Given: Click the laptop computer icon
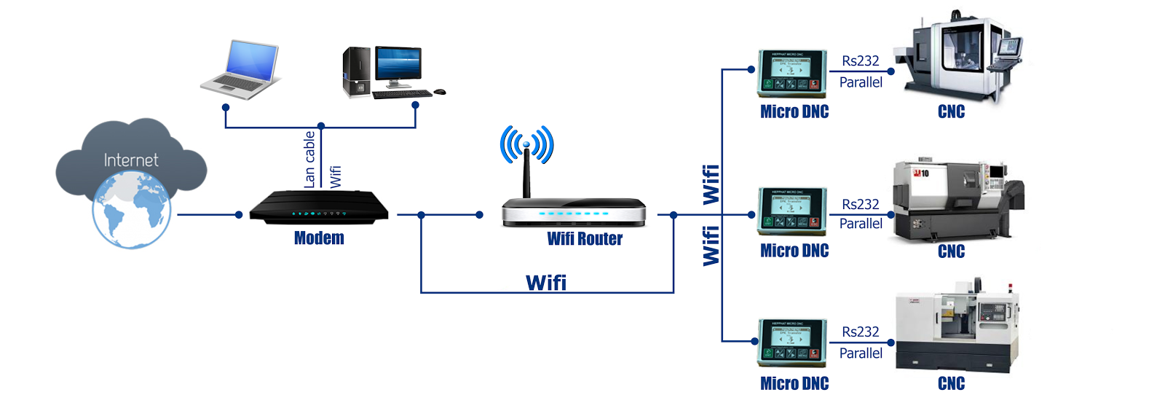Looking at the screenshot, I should coord(242,70).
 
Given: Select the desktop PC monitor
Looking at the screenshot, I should coord(398,64).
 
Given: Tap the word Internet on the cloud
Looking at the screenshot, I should coord(131,160).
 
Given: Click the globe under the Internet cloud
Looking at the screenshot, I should coord(131,213).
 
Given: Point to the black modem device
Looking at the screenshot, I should coord(319,208).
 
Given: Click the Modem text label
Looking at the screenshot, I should coord(319,238).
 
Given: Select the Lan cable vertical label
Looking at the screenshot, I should coord(309,159).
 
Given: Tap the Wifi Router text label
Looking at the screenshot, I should coord(585,239).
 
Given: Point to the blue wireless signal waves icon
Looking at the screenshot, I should coord(526,144).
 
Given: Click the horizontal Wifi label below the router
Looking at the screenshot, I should coord(546,283).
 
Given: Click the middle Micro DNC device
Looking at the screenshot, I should coord(792,211).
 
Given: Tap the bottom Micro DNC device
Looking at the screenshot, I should coord(792,342).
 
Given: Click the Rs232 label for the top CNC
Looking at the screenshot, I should coord(861,61).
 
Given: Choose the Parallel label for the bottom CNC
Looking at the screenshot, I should coord(861,353).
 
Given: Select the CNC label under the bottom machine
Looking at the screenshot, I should coord(951,384).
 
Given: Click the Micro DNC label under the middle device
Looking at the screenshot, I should coord(794,251).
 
